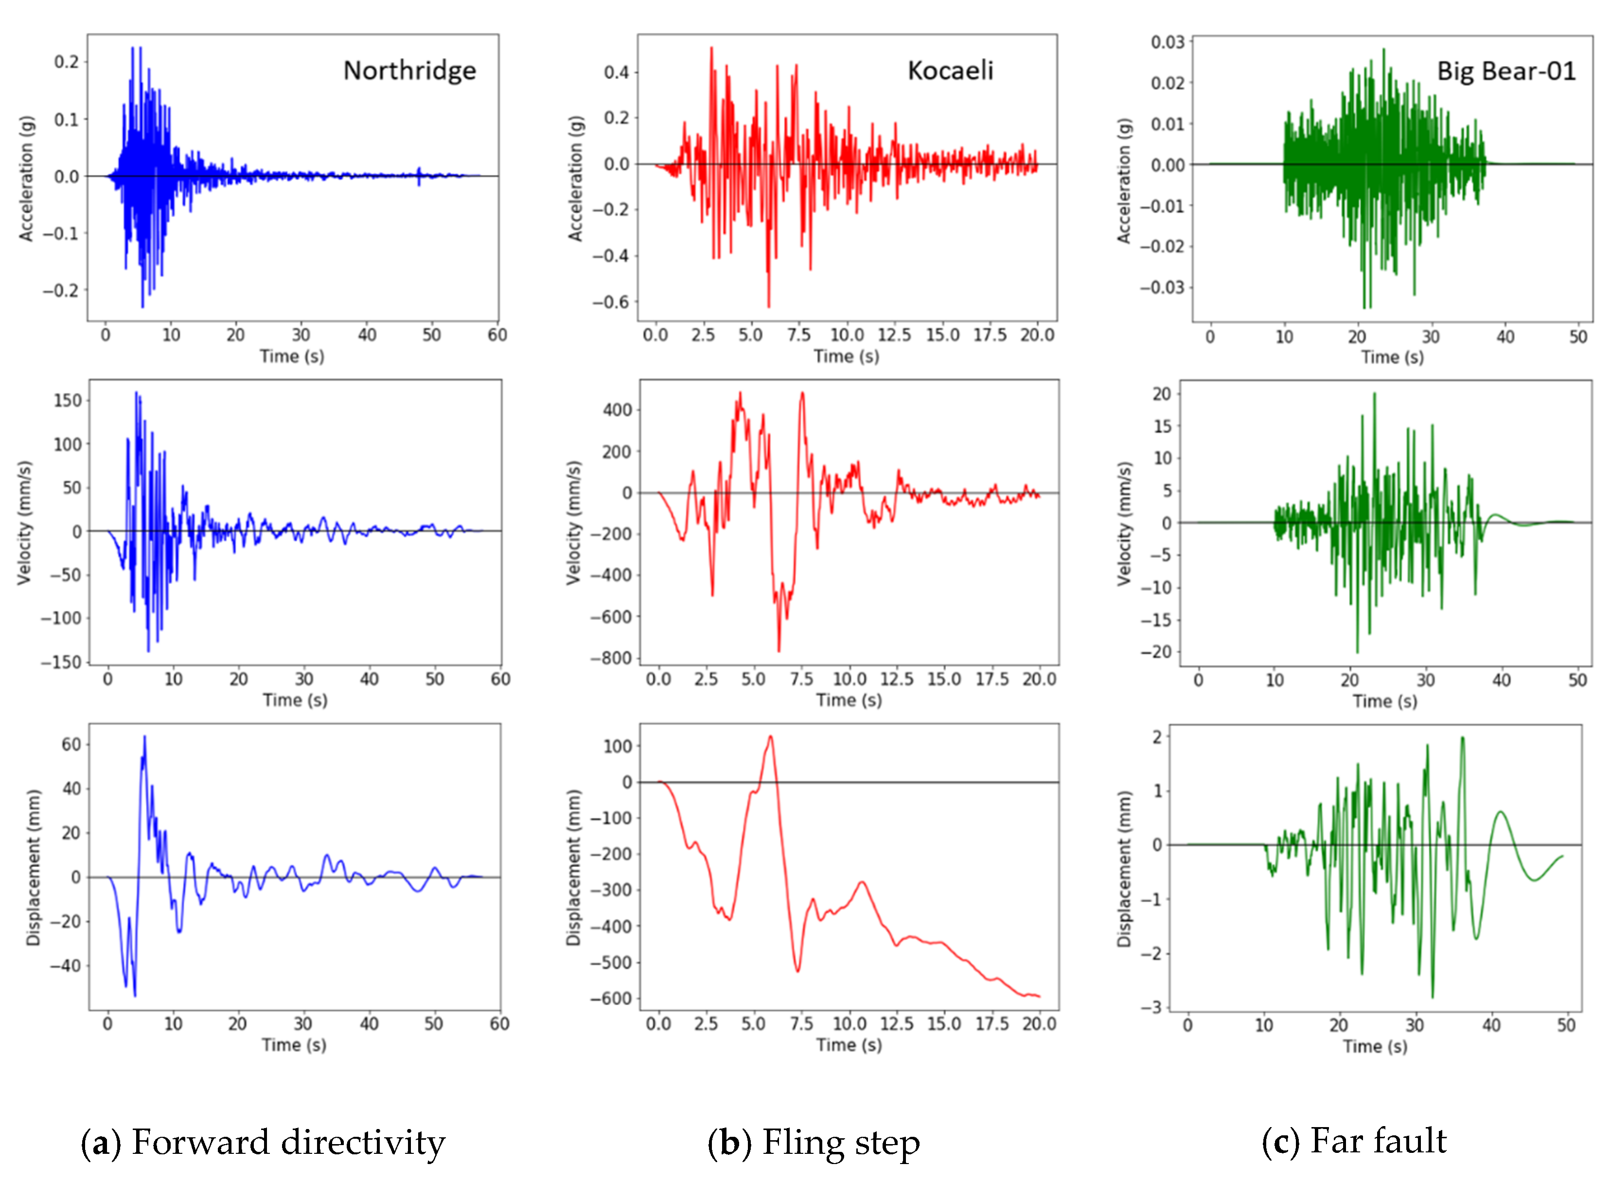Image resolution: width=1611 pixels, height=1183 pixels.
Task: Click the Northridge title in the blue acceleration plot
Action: point(409,70)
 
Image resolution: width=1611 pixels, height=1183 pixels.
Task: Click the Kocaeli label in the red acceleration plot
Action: point(950,70)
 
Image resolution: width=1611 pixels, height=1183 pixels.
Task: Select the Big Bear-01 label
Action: point(1506,71)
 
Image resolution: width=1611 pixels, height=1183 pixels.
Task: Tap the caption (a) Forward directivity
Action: point(263,1142)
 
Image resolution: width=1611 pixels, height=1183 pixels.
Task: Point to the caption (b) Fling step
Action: point(814,1142)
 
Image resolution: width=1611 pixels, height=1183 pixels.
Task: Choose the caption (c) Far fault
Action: point(1354,1140)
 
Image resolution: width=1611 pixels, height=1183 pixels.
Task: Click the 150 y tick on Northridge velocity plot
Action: point(68,400)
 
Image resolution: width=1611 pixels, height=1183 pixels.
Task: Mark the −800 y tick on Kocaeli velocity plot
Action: point(610,658)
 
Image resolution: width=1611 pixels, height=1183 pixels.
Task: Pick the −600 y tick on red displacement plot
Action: point(610,998)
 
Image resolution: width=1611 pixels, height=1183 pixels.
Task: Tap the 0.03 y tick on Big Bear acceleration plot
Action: point(1167,42)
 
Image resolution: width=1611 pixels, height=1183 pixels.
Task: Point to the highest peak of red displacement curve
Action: point(770,736)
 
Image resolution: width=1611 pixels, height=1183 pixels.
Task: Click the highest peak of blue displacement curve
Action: point(144,736)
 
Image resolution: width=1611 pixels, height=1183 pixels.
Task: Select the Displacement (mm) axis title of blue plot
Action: point(33,867)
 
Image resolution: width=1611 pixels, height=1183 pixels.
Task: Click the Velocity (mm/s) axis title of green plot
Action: point(1124,524)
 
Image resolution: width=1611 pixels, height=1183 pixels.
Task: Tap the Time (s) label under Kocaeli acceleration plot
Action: point(846,356)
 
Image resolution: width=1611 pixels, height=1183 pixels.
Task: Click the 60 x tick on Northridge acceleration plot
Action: point(497,335)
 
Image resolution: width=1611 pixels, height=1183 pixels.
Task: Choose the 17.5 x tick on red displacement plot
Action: point(991,1024)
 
